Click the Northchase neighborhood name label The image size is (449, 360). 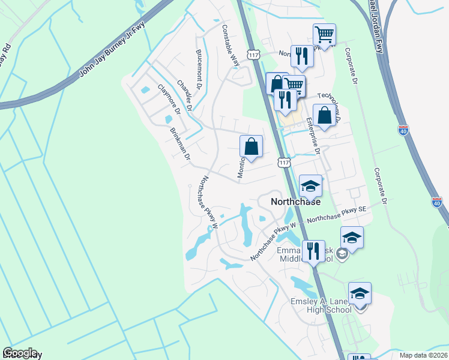[x=295, y=202]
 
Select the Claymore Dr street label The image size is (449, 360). [x=169, y=99]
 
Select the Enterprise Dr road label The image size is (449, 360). [x=313, y=135]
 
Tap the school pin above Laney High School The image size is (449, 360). [x=360, y=293]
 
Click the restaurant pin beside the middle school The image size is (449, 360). [x=312, y=250]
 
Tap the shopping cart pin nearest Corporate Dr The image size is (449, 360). [x=324, y=35]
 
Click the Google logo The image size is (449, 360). [x=19, y=353]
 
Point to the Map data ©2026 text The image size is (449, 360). [x=424, y=355]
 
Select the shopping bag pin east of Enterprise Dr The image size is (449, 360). [x=324, y=116]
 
